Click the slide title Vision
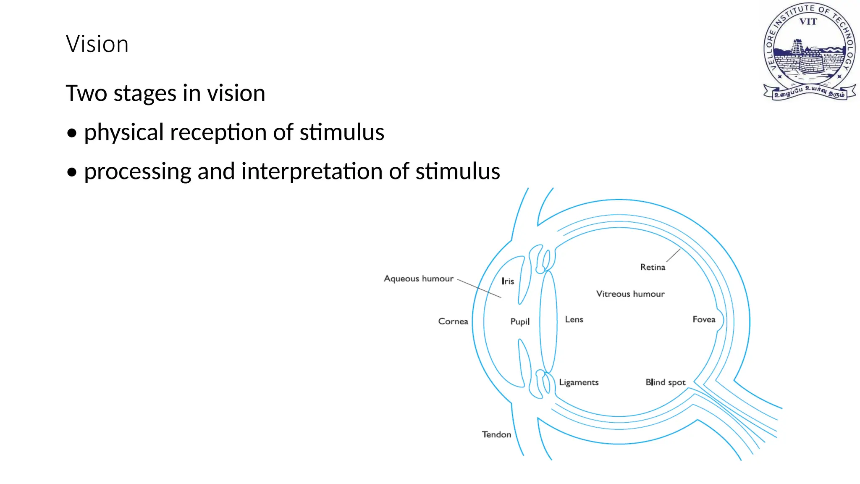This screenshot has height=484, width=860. tap(97, 44)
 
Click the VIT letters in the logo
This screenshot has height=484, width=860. tap(808, 21)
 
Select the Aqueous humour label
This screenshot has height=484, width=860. tap(419, 279)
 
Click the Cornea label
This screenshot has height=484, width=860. tap(453, 321)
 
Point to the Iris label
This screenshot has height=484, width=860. tap(508, 281)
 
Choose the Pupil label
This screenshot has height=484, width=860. tap(519, 322)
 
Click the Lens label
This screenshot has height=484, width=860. tap(574, 319)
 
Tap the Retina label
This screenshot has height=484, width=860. tap(652, 267)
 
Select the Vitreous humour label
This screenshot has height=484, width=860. tap(630, 294)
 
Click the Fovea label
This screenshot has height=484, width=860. tap(703, 319)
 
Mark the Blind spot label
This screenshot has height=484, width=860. tap(665, 382)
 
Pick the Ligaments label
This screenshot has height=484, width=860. tap(578, 382)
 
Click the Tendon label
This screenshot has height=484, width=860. tap(496, 434)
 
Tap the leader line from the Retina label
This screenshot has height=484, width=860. tap(673, 255)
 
